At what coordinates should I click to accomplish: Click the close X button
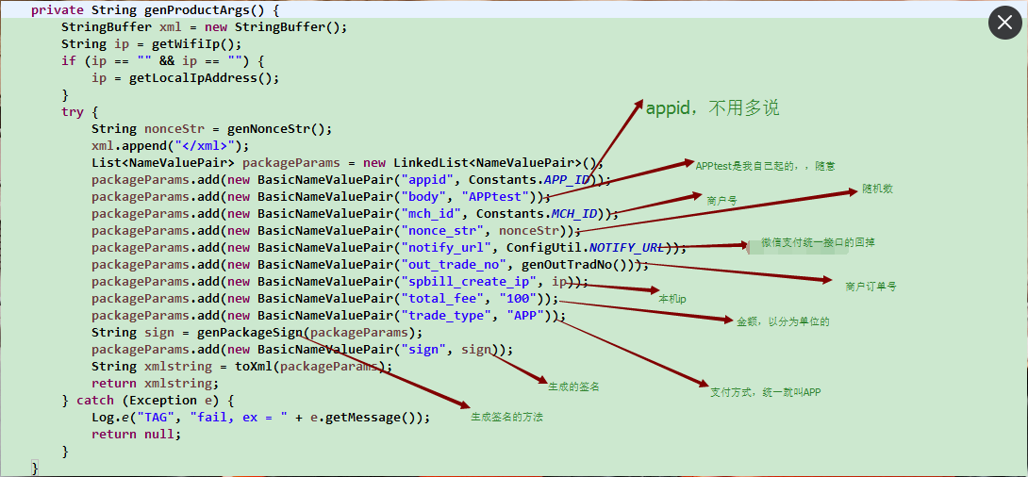point(1005,22)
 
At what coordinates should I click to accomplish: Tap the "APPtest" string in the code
point(495,197)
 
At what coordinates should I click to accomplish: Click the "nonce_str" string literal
point(442,231)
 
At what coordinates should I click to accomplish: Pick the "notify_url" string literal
point(446,248)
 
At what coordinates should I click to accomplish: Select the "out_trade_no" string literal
point(454,265)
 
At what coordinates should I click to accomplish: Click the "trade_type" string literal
point(446,316)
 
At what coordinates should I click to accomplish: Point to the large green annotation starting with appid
point(712,108)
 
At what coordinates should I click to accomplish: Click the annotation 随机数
point(877,189)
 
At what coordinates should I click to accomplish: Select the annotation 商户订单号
point(870,286)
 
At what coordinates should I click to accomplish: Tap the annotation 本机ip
point(672,298)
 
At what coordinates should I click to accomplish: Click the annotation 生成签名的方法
point(507,417)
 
